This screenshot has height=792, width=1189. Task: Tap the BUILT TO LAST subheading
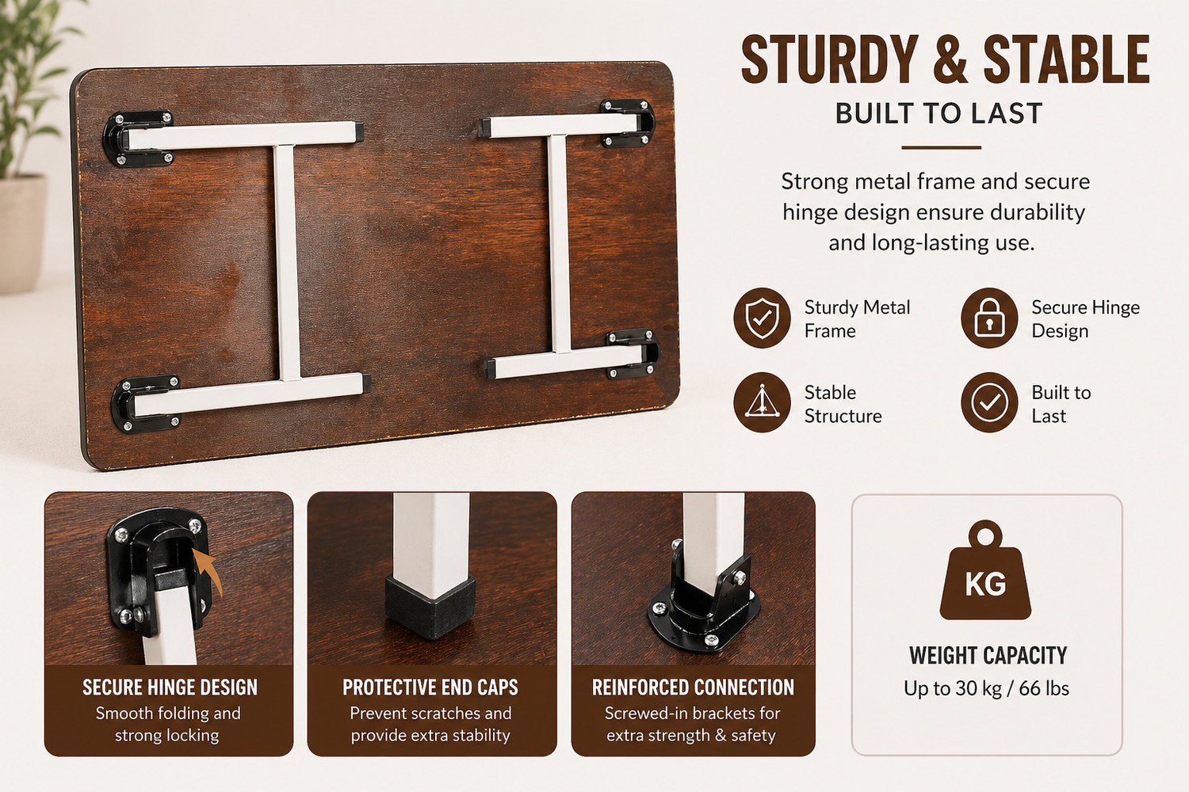pos(939,113)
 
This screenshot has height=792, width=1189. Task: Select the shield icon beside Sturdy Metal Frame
pos(763,318)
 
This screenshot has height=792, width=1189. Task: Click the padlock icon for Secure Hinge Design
pos(989,318)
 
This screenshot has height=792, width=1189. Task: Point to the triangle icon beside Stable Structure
pos(763,402)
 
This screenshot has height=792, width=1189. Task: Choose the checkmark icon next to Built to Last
pos(989,402)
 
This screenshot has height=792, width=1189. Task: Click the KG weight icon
pos(986,570)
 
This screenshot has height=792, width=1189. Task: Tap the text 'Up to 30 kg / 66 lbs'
pos(986,688)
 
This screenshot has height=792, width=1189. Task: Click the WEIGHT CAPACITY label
pos(988,656)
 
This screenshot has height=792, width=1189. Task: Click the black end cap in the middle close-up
pos(430,607)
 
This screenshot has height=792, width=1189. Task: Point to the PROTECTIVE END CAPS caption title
pos(430,687)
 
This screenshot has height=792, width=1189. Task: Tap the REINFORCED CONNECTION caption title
pos(694,687)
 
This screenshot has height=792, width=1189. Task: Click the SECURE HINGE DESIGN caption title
pos(170,687)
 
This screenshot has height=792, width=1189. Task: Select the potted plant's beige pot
pos(21,234)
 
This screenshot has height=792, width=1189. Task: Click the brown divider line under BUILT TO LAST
pos(941,147)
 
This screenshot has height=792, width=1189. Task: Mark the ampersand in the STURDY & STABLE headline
pos(950,60)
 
